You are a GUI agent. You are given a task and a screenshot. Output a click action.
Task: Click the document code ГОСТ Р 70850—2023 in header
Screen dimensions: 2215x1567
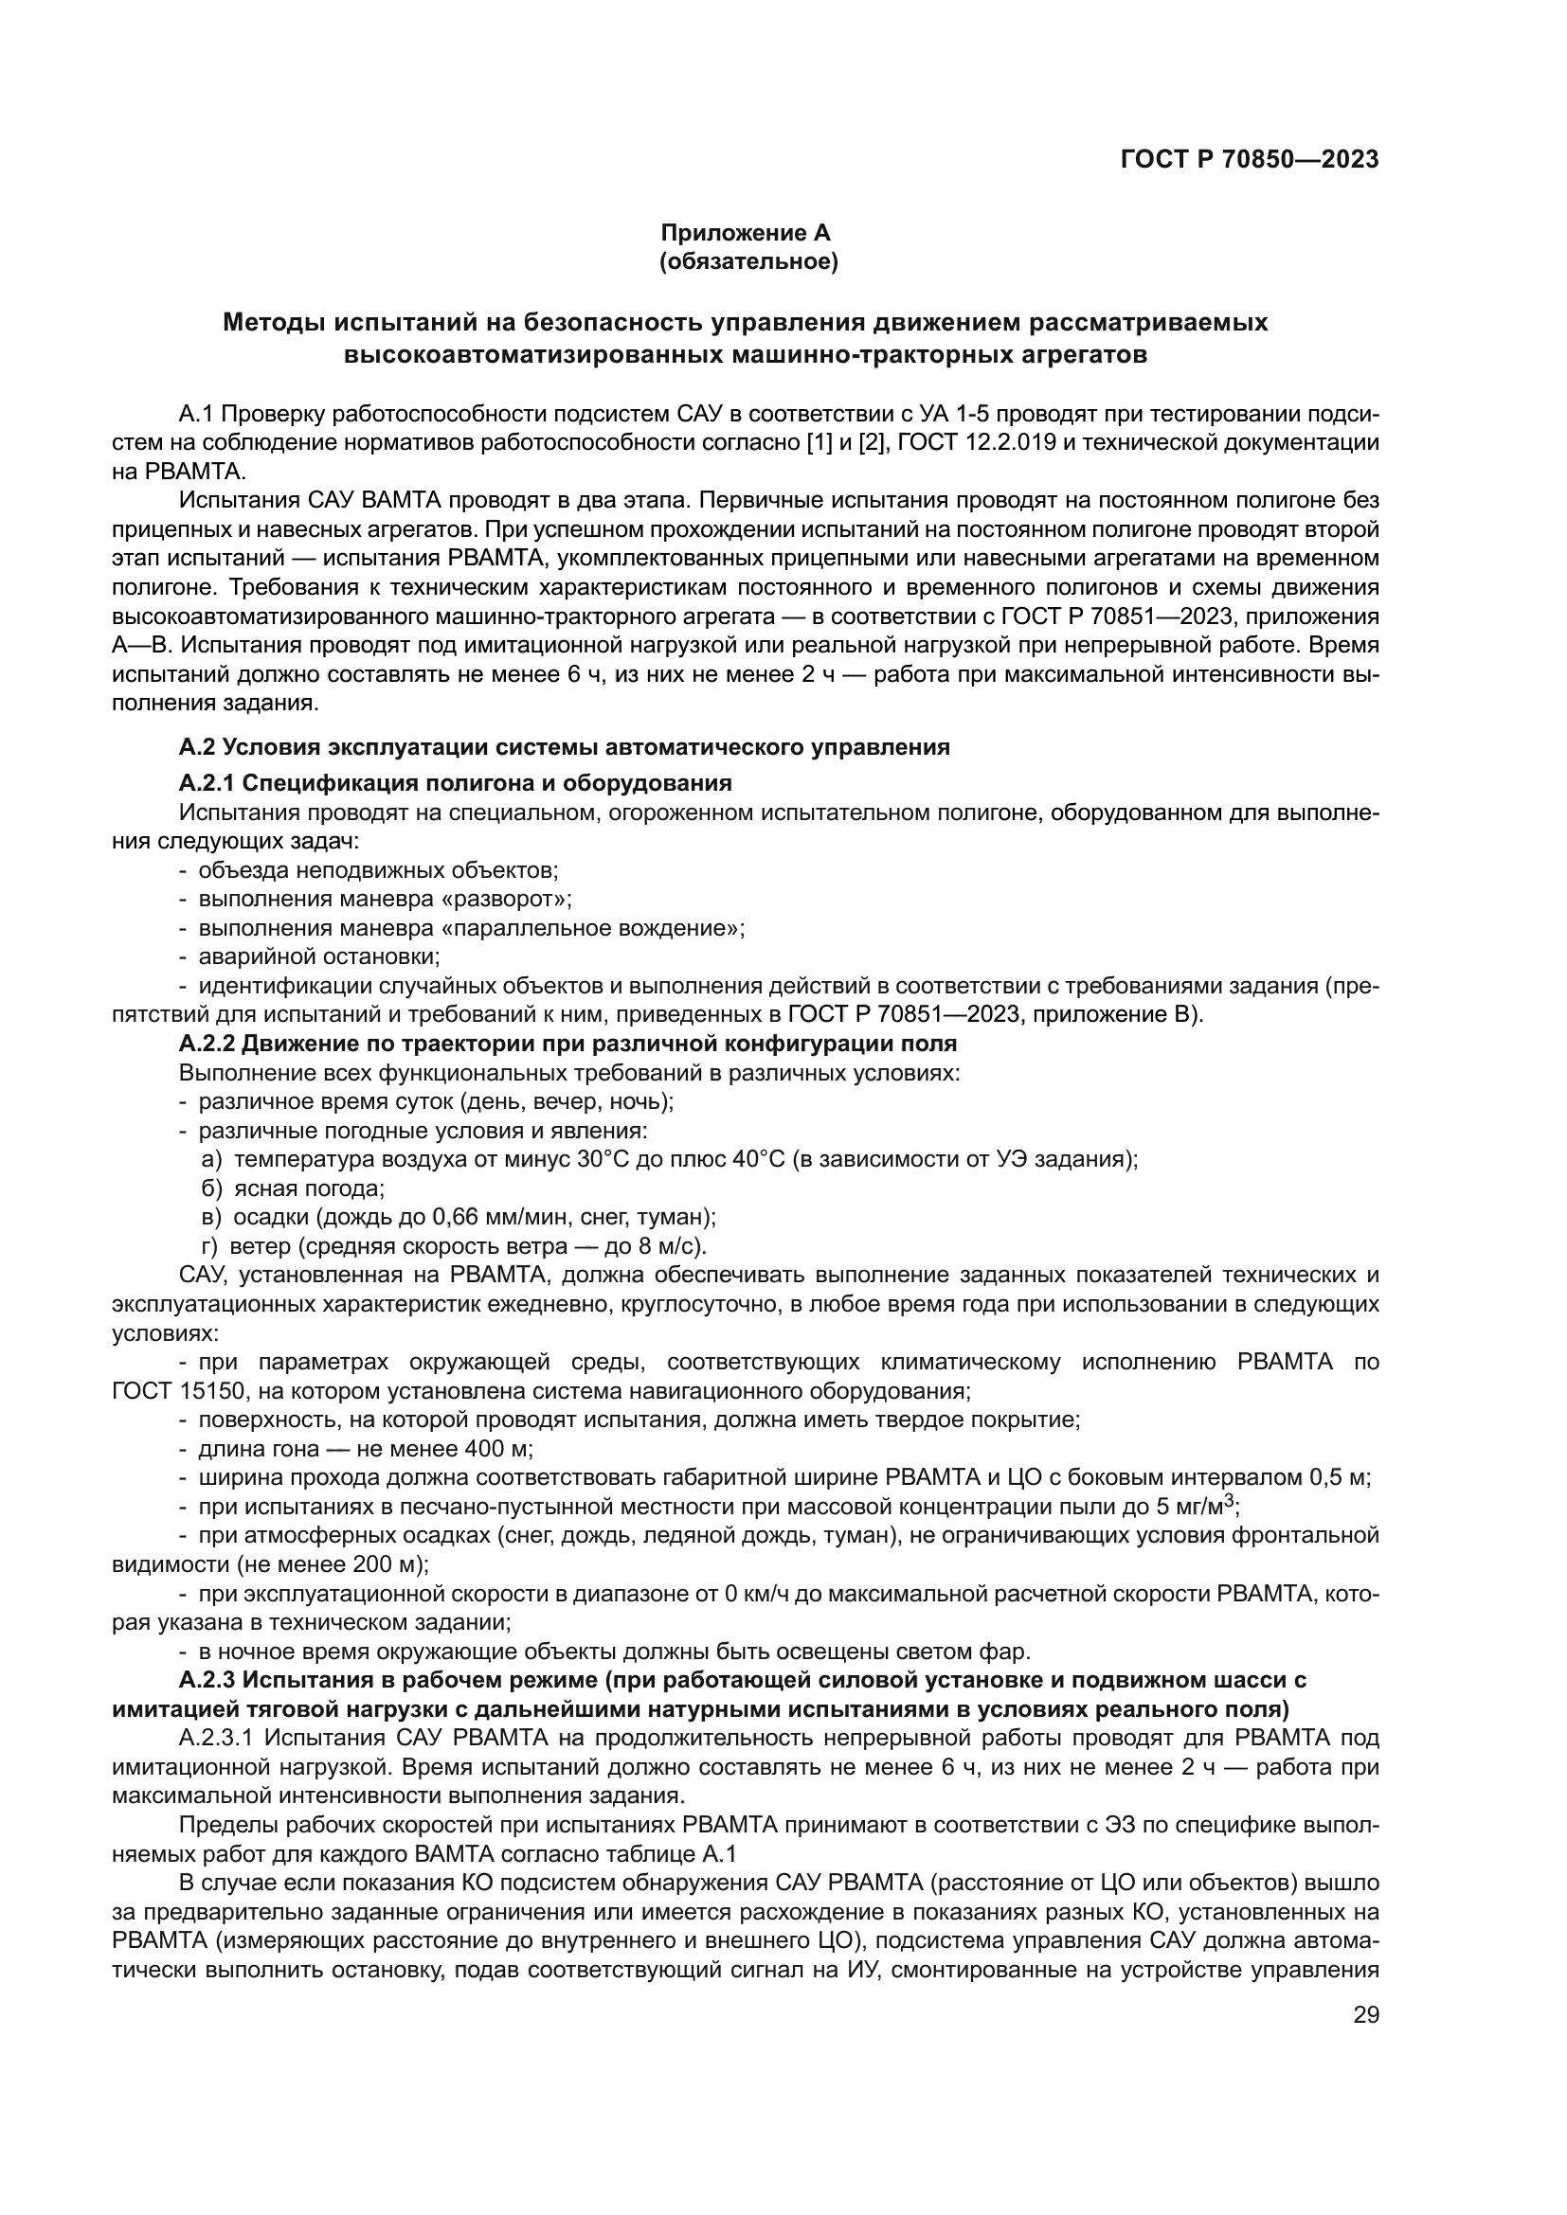(x=1249, y=160)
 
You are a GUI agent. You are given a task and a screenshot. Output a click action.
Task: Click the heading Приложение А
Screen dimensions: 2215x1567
(x=745, y=233)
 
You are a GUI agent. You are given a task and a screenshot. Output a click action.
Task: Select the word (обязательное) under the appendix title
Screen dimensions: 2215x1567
(x=747, y=261)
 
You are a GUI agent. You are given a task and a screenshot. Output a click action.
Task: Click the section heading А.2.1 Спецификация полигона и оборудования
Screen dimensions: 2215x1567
(x=455, y=782)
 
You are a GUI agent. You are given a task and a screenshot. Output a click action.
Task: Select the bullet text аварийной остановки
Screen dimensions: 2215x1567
(x=318, y=957)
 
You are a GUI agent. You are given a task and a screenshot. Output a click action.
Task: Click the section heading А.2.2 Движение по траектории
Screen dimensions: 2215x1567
(x=567, y=1044)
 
